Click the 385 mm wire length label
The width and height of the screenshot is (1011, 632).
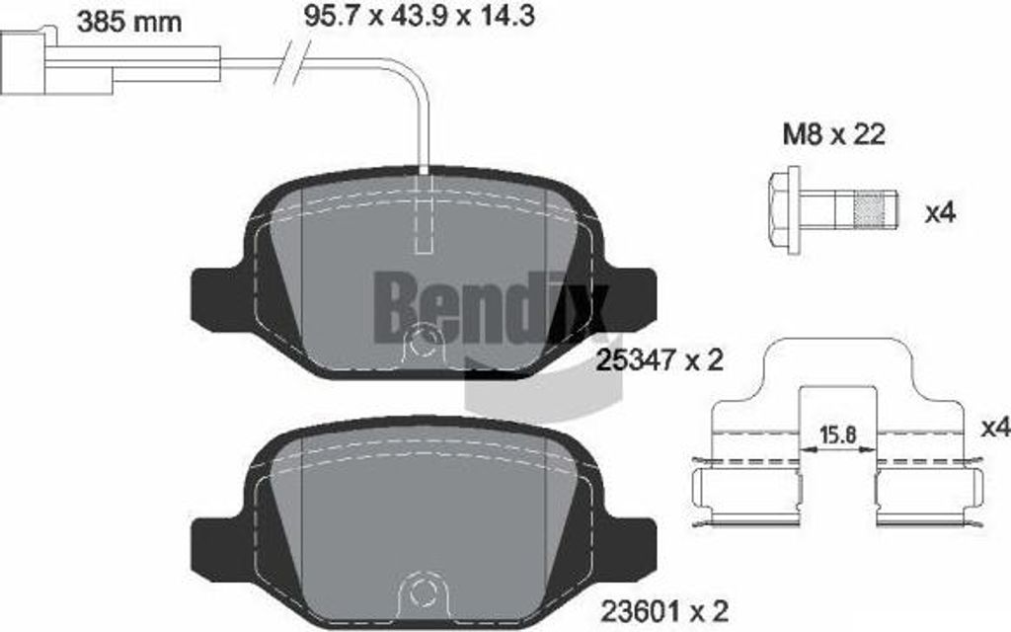tap(128, 21)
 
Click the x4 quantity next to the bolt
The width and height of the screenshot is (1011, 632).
tap(940, 212)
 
